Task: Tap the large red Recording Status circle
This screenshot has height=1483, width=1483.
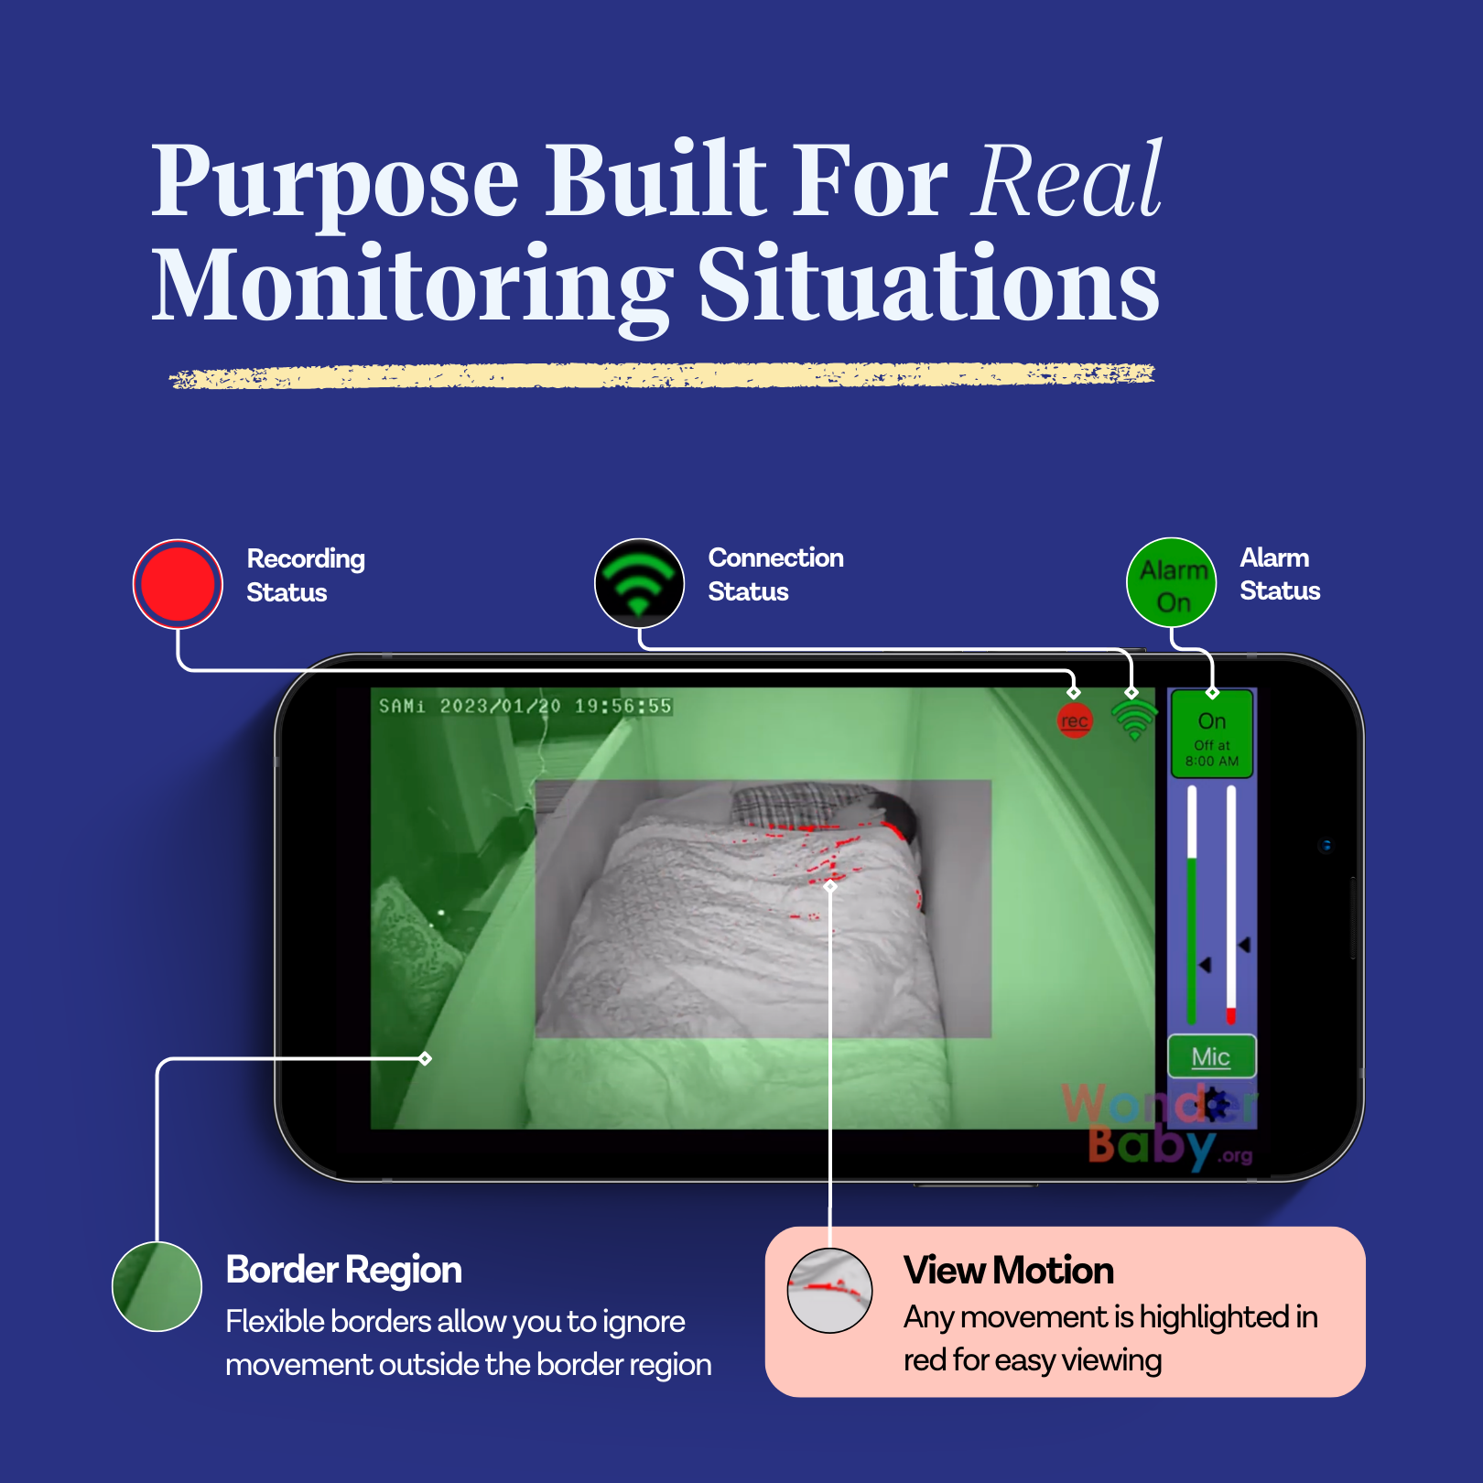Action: click(x=178, y=583)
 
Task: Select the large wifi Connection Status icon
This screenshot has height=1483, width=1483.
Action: click(x=639, y=582)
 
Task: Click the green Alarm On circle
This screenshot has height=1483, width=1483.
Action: click(x=1172, y=583)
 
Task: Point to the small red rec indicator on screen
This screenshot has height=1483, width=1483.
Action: click(x=1075, y=720)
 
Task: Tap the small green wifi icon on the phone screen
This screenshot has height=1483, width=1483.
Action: click(x=1134, y=719)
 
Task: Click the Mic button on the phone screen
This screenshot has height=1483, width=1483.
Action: click(x=1211, y=1057)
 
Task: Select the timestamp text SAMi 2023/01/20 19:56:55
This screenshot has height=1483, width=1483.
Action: click(x=525, y=706)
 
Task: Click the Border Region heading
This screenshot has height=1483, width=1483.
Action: click(x=343, y=1270)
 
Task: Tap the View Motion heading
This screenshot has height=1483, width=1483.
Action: click(x=1008, y=1270)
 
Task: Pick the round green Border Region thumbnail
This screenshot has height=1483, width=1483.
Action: click(x=157, y=1286)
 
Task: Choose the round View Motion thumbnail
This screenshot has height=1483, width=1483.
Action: click(x=829, y=1291)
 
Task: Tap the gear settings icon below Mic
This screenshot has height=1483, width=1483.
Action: click(x=1214, y=1105)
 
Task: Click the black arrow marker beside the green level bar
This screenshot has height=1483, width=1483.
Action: click(x=1205, y=965)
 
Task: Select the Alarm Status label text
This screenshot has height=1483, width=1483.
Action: click(x=1279, y=574)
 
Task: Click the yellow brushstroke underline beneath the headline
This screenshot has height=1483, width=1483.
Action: click(x=661, y=375)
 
